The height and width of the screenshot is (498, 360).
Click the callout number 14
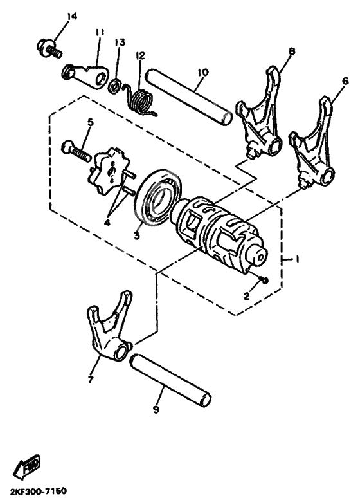(x=71, y=16)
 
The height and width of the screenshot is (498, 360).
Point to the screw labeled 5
(x=76, y=151)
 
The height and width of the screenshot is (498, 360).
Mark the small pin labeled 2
(x=266, y=280)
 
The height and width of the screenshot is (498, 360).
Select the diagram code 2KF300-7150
(x=39, y=490)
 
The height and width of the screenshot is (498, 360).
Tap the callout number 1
(x=297, y=259)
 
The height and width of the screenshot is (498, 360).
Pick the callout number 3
(x=136, y=235)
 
